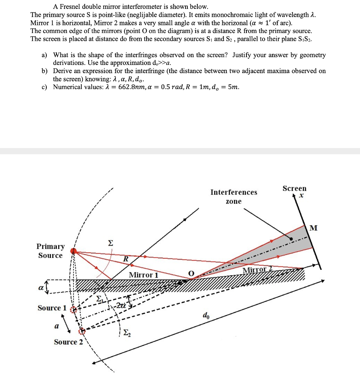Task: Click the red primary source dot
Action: (73, 252)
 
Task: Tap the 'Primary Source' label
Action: (50, 251)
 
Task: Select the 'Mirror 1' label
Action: (143, 275)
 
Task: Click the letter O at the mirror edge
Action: (191, 273)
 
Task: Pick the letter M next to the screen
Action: (313, 227)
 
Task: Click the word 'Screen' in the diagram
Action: (294, 189)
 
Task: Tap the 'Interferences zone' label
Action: (233, 197)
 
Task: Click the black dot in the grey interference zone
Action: (291, 239)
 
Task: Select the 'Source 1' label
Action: (52, 308)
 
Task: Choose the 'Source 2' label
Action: (69, 342)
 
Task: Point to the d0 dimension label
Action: (206, 316)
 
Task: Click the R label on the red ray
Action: (126, 259)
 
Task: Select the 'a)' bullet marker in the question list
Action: (44, 55)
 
